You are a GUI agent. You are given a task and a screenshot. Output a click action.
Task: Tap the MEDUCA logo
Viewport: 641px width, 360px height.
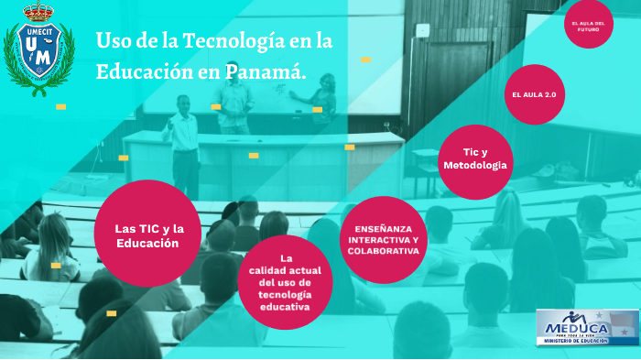tap(587, 328)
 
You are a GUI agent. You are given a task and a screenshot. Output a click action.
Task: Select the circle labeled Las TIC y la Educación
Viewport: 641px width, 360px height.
tap(147, 235)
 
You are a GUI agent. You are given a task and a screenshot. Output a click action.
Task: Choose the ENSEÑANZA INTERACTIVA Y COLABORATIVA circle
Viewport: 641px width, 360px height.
tap(383, 239)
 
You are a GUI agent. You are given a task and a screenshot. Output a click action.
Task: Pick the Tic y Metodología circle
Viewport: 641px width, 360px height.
tap(474, 160)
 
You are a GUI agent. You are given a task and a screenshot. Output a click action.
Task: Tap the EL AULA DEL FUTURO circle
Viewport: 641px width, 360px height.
tap(587, 27)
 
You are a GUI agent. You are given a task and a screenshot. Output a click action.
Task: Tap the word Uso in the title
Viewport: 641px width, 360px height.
tap(113, 41)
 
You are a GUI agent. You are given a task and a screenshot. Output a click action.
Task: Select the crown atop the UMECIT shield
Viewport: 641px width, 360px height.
tap(38, 13)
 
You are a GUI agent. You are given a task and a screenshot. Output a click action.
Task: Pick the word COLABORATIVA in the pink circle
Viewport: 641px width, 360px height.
tap(383, 250)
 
